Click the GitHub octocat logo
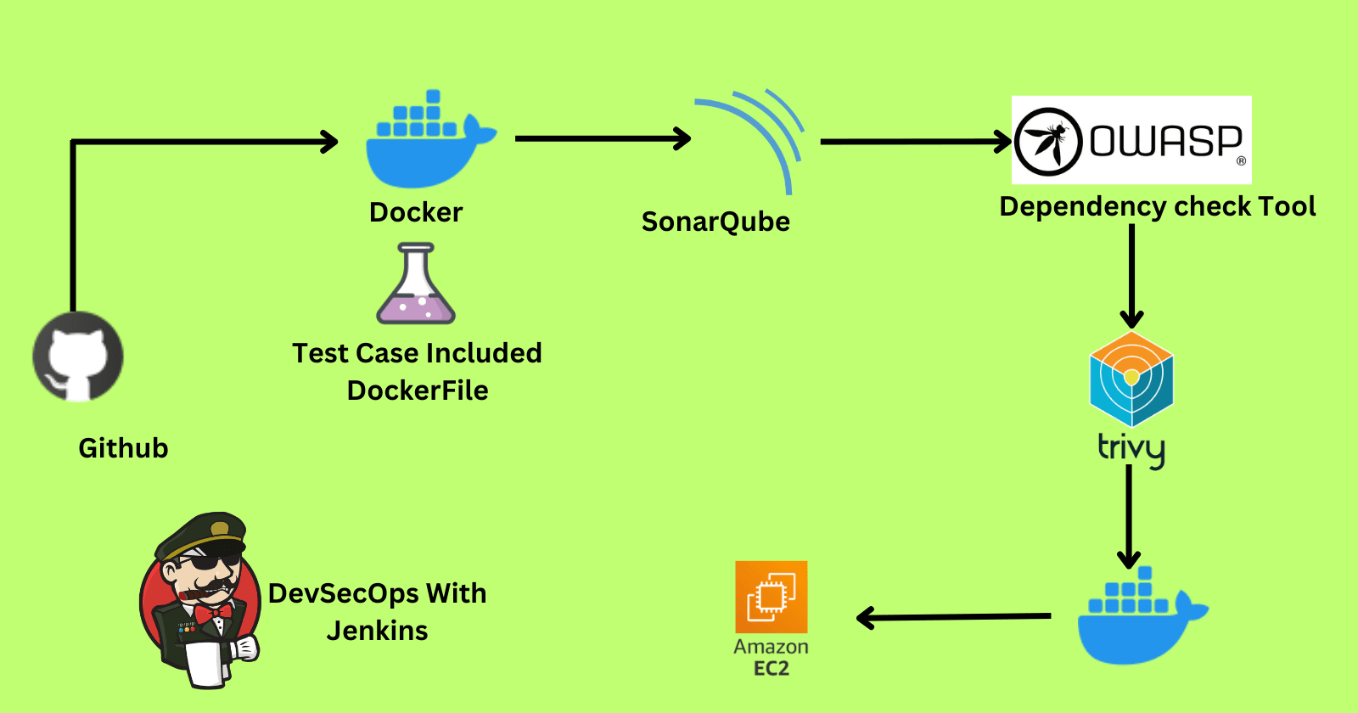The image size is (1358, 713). [x=78, y=356]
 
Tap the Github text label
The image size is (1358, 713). [x=123, y=448]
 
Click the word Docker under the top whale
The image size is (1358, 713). [x=416, y=212]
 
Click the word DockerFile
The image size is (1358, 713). [x=418, y=390]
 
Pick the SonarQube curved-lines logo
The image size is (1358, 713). [x=755, y=136]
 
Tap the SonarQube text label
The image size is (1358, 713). [x=715, y=222]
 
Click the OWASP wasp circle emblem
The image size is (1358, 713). [x=1048, y=142]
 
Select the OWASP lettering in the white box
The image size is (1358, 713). [x=1166, y=141]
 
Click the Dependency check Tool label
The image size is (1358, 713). [x=1157, y=206]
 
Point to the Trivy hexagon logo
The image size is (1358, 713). [x=1131, y=379]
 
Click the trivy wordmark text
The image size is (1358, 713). [x=1131, y=448]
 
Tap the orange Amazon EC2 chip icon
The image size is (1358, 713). [x=771, y=597]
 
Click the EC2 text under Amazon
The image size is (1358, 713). [x=771, y=669]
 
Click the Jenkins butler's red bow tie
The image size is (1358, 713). [x=213, y=612]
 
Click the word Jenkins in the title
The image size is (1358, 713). [x=377, y=631]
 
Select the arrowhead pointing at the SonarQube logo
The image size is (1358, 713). [x=682, y=138]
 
